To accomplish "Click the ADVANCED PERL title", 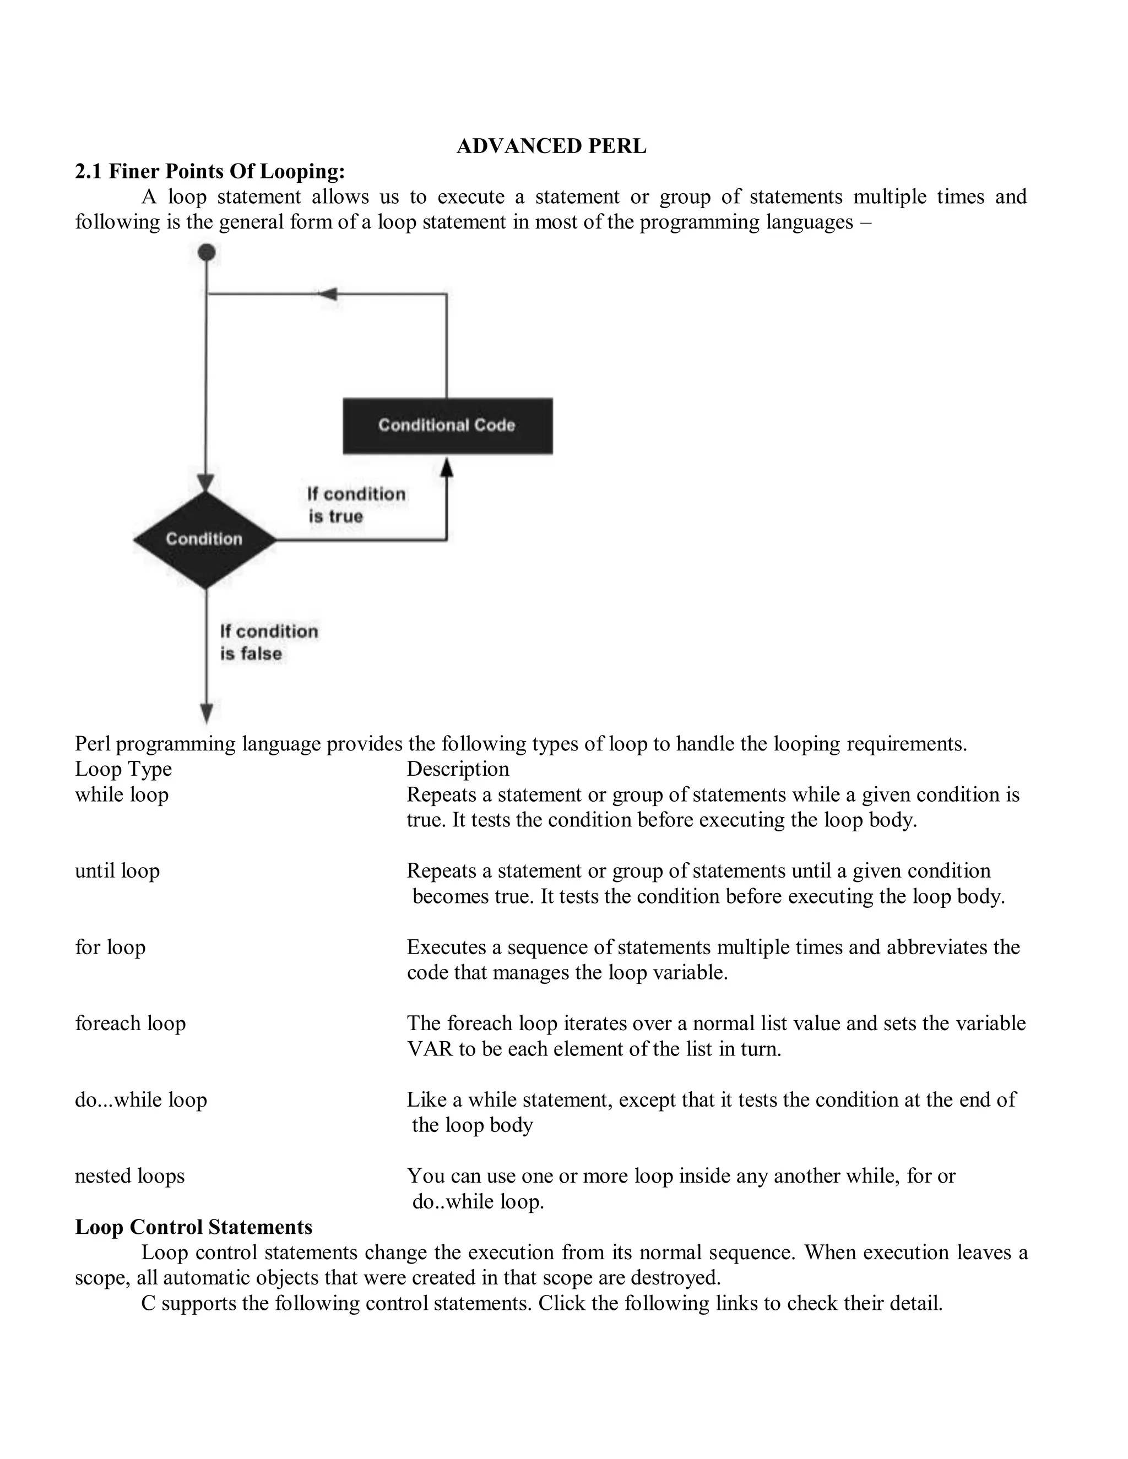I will click(551, 146).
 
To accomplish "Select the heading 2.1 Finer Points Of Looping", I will click(210, 172).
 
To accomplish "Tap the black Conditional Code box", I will click(447, 426).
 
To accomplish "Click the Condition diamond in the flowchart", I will click(204, 539).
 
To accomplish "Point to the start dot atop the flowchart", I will click(207, 253).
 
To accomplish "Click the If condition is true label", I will click(355, 505).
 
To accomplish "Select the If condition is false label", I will click(269, 642).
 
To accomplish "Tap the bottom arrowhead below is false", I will click(207, 714).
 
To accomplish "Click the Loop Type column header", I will click(123, 769).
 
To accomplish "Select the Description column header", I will click(458, 769).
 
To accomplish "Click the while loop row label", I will click(122, 794).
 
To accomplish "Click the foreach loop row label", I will click(131, 1023).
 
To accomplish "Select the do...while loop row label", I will click(141, 1099).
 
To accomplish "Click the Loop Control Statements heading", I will click(194, 1227).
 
